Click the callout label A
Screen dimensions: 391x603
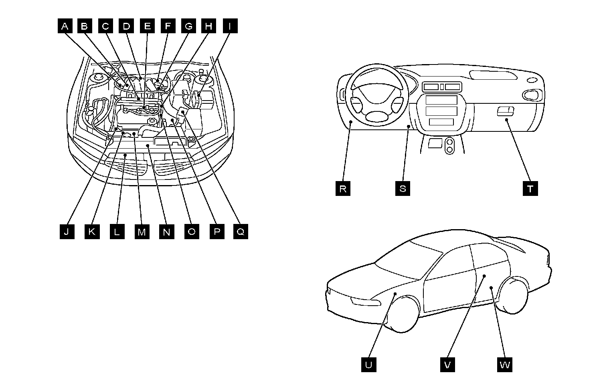(x=65, y=26)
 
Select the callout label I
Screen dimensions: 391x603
(x=230, y=26)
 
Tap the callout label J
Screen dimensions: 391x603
(x=67, y=232)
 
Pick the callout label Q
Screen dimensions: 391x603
(x=241, y=232)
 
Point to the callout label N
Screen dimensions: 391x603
(x=167, y=232)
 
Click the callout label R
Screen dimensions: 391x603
(x=343, y=188)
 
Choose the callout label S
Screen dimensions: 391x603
(x=403, y=188)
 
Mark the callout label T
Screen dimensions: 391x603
(x=530, y=188)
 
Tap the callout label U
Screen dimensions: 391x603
(x=368, y=365)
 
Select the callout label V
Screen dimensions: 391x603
(x=447, y=365)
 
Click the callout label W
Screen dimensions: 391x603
(x=505, y=365)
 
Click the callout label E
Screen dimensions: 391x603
(x=147, y=26)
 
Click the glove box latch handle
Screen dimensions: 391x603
(x=506, y=111)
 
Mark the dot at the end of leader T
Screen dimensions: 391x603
(x=506, y=119)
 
